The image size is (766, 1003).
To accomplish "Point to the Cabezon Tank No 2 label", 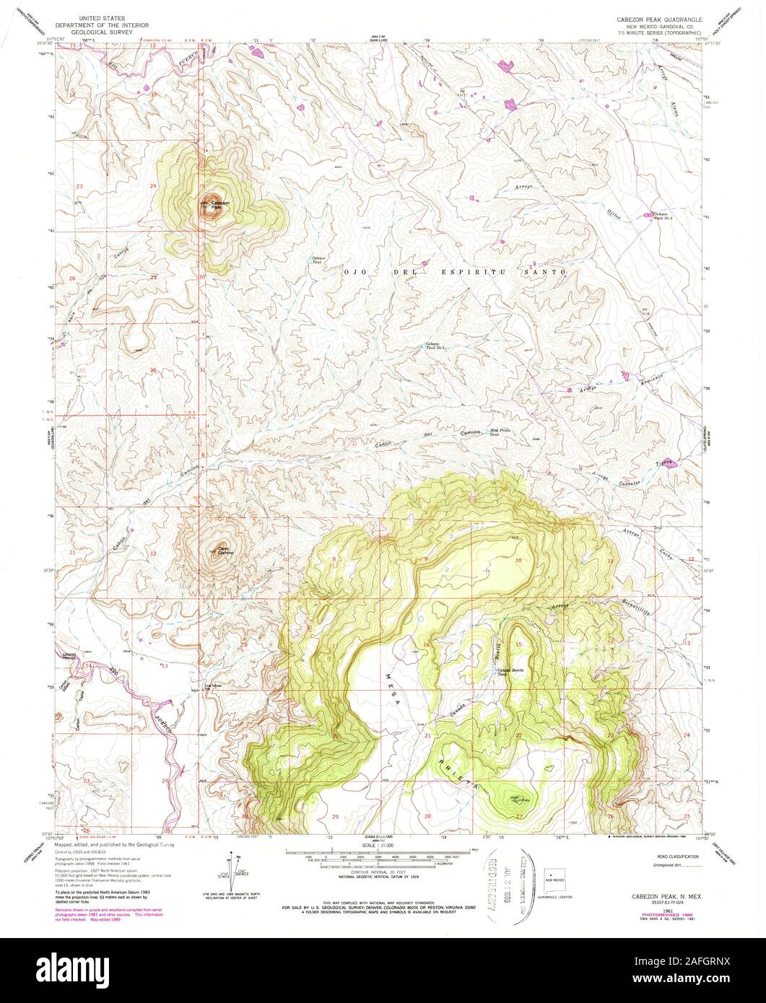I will click(434, 346).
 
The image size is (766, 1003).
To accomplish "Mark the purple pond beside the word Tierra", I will click(671, 464).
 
